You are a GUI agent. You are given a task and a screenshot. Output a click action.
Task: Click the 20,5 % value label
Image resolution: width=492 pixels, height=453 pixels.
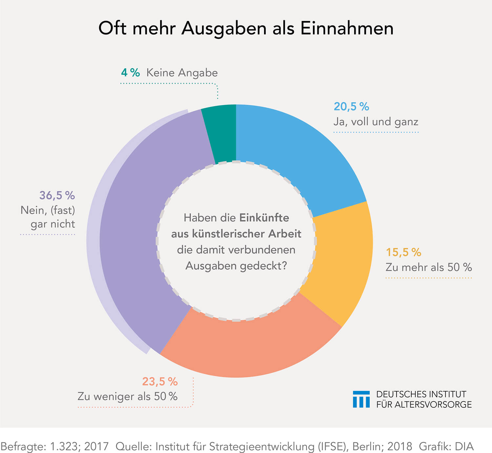click(351, 107)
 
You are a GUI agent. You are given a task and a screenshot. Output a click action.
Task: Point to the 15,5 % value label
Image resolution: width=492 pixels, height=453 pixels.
click(403, 252)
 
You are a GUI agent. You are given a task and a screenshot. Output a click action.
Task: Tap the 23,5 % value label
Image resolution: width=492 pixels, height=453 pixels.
click(160, 381)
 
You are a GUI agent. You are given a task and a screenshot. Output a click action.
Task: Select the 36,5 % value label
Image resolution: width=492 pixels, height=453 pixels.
click(57, 195)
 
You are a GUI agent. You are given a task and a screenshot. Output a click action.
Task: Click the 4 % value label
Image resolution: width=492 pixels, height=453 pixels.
click(130, 73)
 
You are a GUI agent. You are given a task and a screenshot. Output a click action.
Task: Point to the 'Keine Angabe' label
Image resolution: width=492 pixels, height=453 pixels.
click(182, 73)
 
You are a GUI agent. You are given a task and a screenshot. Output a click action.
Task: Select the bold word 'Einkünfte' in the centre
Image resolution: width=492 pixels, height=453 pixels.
click(264, 218)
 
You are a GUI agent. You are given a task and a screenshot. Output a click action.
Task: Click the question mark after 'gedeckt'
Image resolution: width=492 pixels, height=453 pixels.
click(284, 265)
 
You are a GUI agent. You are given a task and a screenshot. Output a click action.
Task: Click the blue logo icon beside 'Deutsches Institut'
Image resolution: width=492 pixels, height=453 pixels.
click(361, 399)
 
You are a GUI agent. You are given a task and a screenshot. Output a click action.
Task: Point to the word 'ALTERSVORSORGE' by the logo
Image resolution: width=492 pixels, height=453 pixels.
click(433, 404)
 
